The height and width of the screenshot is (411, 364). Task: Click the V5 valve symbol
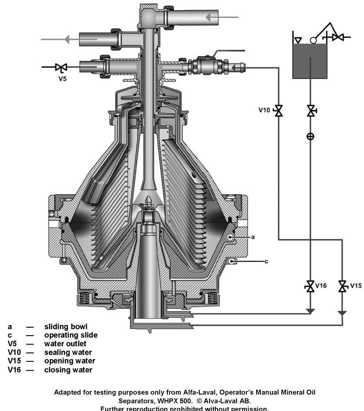pyautogui.click(x=61, y=67)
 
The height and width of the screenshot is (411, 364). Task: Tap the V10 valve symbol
pyautogui.click(x=279, y=110)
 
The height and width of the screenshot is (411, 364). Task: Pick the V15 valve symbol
pyautogui.click(x=342, y=286)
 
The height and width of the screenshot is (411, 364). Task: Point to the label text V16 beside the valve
pyautogui.click(x=320, y=286)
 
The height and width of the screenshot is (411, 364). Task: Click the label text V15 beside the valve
pyautogui.click(x=356, y=286)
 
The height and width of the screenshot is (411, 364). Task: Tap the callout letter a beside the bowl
pyautogui.click(x=253, y=237)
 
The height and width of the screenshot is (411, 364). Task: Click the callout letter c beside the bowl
pyautogui.click(x=266, y=261)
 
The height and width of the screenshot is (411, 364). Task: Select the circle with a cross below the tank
pyautogui.click(x=310, y=137)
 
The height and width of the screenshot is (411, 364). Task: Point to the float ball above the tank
pyautogui.click(x=313, y=40)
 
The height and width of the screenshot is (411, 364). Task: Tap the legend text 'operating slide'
pyautogui.click(x=71, y=335)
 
